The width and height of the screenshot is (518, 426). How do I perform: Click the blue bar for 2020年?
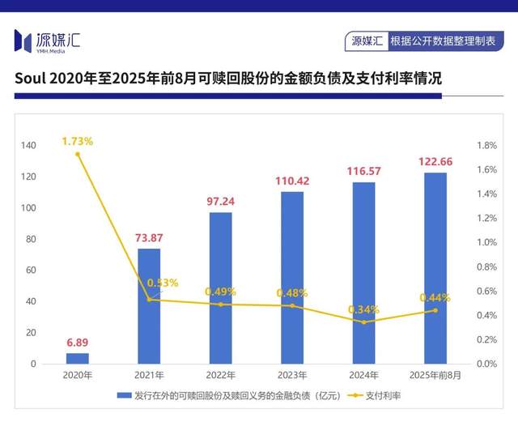pos(78,358)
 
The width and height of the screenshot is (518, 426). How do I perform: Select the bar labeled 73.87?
pos(149,306)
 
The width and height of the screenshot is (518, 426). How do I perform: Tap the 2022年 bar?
pos(220,288)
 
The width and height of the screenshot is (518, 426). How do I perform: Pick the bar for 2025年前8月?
pos(435,268)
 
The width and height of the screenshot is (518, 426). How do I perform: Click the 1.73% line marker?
pos(78,154)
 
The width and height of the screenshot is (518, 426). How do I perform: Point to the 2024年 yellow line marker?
pos(363,322)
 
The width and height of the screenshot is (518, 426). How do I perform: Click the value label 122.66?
pos(435,161)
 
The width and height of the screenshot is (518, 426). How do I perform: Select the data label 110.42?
pos(291,180)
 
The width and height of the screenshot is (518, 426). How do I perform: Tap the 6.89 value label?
pos(78,343)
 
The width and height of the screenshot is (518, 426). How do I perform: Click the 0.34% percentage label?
pos(363,309)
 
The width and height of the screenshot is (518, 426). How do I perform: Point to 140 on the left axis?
pos(28,146)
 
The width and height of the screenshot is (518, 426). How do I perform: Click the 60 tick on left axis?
pos(31,271)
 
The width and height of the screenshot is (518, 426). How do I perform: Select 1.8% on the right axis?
pos(486,146)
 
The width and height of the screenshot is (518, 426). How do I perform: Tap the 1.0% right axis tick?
pos(486,243)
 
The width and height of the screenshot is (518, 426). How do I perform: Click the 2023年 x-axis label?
pos(291,376)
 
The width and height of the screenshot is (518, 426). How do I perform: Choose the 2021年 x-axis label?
pos(149,376)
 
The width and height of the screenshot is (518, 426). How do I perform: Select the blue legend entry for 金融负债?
pos(227,396)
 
